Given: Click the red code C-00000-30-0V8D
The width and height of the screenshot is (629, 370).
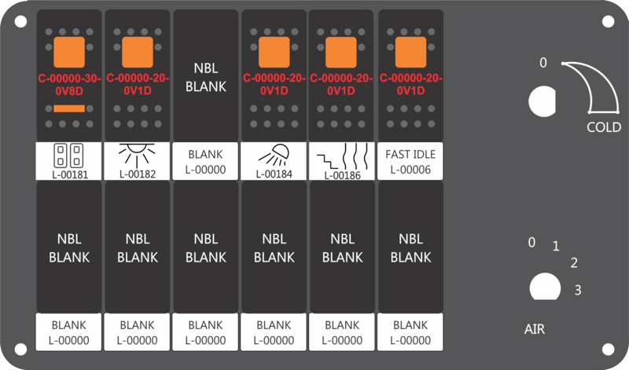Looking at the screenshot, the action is click(69, 85).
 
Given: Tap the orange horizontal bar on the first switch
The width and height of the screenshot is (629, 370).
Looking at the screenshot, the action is click(69, 108).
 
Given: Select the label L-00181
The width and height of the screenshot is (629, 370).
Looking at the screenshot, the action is click(70, 174).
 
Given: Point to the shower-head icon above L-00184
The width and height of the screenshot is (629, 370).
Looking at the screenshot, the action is click(274, 155).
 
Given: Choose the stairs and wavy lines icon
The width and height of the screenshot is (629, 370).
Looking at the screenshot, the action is click(342, 156).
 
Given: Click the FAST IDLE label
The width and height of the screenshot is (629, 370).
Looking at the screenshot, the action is click(410, 154).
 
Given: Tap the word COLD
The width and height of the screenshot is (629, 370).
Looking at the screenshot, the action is click(604, 127).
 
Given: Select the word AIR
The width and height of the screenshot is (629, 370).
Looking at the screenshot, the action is click(535, 329).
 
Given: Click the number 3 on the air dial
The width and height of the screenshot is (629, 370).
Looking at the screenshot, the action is click(578, 290).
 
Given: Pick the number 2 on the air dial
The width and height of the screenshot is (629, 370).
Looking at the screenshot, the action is click(574, 263).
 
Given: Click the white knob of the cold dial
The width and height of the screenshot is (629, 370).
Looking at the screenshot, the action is click(542, 101).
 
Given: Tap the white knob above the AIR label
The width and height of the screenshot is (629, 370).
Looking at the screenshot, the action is click(545, 287).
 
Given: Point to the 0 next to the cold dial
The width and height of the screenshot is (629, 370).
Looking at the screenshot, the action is click(543, 63).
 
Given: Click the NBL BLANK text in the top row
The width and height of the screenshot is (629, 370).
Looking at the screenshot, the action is click(206, 77).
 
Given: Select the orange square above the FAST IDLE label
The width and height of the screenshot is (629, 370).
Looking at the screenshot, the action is click(410, 52).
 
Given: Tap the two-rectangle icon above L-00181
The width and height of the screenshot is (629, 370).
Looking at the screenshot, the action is click(68, 156).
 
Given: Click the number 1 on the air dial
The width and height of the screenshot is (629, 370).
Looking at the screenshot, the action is click(556, 246).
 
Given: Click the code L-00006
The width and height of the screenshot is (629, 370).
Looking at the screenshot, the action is click(410, 170).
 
